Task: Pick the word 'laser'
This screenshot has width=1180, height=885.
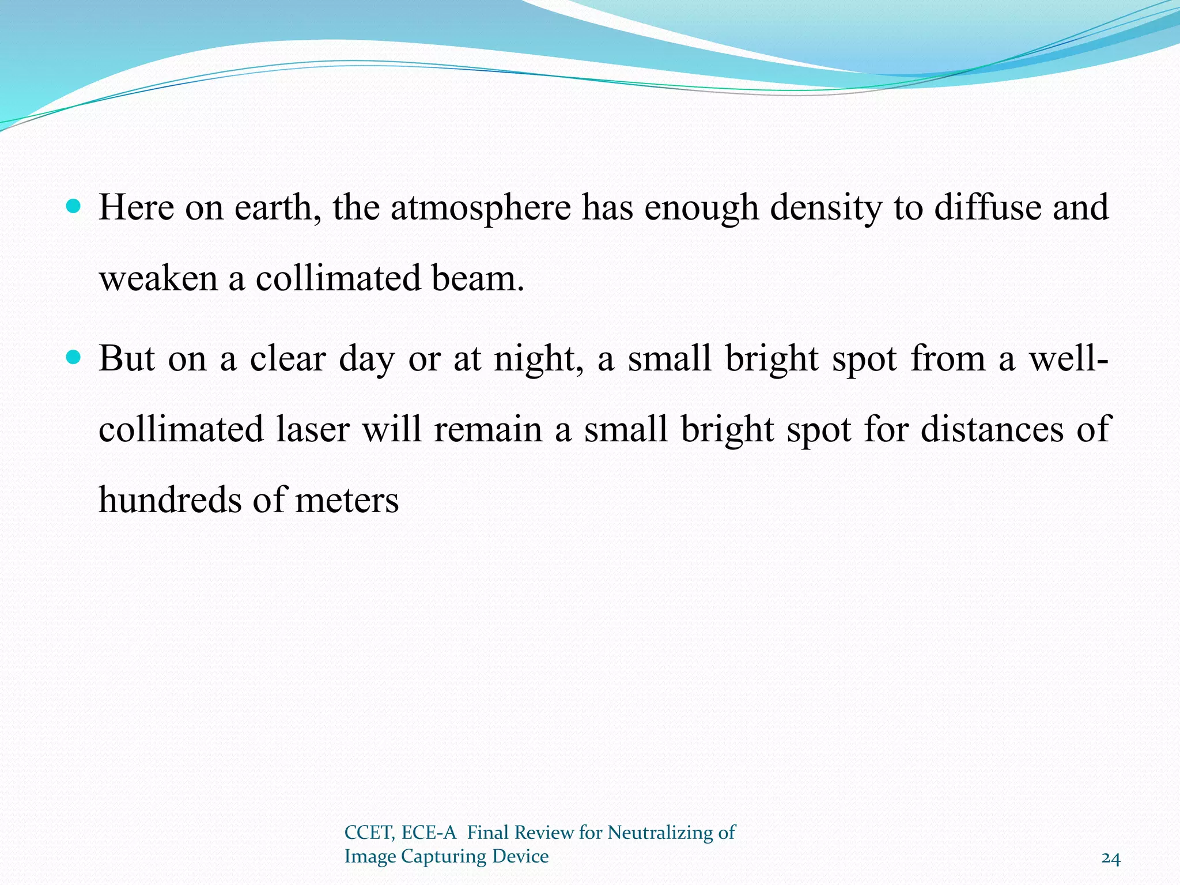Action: (x=313, y=430)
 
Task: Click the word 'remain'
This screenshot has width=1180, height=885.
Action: (x=488, y=430)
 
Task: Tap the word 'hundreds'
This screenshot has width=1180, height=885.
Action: (x=169, y=500)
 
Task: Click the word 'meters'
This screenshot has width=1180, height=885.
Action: (x=347, y=500)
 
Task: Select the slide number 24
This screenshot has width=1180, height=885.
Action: (x=1111, y=859)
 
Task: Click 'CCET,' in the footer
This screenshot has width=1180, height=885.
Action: (x=369, y=833)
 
